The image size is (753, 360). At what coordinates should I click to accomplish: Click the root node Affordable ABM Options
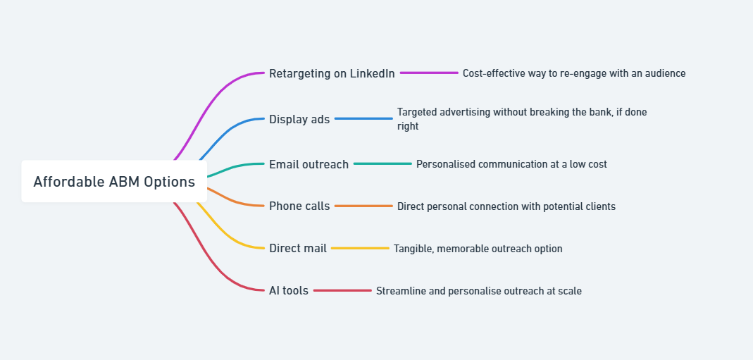click(114, 182)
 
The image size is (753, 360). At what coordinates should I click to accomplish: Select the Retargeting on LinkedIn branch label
click(332, 73)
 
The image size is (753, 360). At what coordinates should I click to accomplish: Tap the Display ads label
click(299, 119)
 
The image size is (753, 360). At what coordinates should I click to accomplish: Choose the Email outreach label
click(309, 164)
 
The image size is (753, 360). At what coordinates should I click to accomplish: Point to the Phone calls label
click(299, 206)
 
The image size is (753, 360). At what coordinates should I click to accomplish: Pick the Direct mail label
click(297, 248)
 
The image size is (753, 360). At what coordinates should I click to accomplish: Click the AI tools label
click(289, 290)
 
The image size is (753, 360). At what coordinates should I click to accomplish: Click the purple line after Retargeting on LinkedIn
click(429, 73)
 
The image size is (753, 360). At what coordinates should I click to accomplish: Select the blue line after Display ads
click(363, 118)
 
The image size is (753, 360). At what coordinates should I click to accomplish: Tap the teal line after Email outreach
click(382, 163)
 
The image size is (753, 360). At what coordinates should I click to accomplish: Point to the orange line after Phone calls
click(363, 206)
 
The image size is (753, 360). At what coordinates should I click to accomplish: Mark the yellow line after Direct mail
click(360, 248)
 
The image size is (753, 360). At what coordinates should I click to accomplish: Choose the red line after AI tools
click(342, 290)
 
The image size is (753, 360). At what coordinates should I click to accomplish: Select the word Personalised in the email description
click(445, 164)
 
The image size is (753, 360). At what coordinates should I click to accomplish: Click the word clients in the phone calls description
click(599, 206)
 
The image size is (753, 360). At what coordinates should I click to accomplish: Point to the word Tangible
click(413, 249)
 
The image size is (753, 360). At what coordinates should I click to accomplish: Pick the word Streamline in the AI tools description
click(400, 291)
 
